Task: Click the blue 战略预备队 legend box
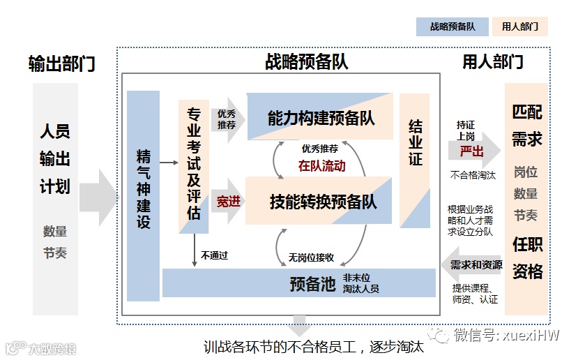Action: (452, 27)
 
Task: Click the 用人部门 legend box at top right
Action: (519, 27)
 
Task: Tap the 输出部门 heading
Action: (61, 64)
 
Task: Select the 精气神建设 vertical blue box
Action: (144, 195)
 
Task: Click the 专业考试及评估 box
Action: (194, 164)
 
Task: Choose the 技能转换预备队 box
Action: (323, 202)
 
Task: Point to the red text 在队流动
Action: (321, 167)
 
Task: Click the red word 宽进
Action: (228, 202)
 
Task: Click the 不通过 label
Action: (214, 255)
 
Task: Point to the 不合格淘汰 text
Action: (473, 175)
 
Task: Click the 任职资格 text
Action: (527, 258)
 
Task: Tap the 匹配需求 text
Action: (527, 126)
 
